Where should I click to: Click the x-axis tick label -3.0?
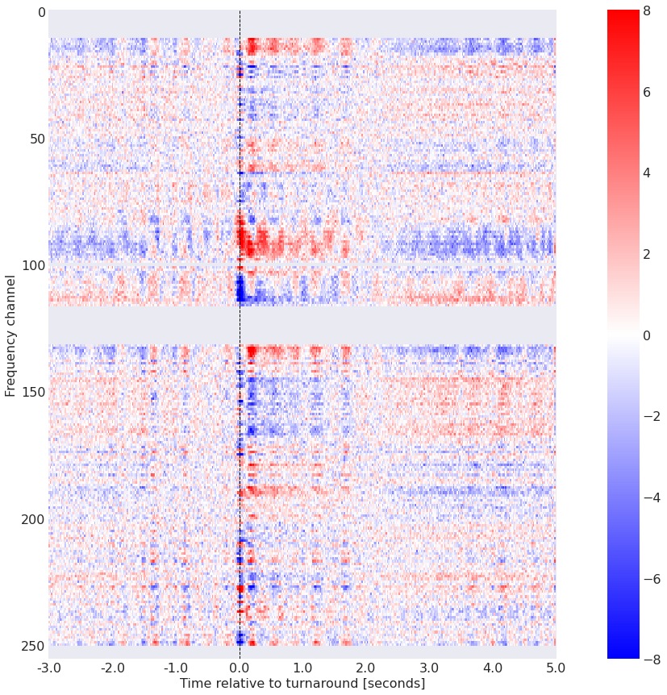click(48, 668)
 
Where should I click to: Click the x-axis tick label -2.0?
click(112, 668)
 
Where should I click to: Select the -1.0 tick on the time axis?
click(176, 668)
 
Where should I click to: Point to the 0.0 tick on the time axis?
click(240, 668)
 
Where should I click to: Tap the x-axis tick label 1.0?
click(302, 668)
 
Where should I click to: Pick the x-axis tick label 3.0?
click(429, 668)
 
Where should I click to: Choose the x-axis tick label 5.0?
click(556, 668)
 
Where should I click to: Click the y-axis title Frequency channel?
click(10, 335)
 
